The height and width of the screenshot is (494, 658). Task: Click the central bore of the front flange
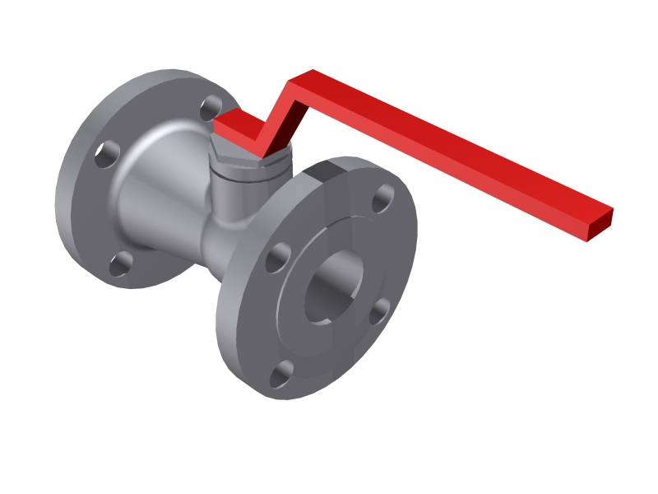(x=333, y=288)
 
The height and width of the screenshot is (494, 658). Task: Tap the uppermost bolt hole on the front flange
(x=382, y=198)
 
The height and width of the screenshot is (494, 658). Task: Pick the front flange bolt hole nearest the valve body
(x=277, y=258)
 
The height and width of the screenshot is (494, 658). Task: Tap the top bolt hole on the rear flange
(x=211, y=106)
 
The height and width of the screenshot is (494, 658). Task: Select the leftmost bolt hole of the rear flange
(x=106, y=153)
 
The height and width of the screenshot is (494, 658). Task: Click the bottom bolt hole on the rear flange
(x=121, y=263)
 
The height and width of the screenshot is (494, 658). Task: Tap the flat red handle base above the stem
(x=239, y=128)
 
